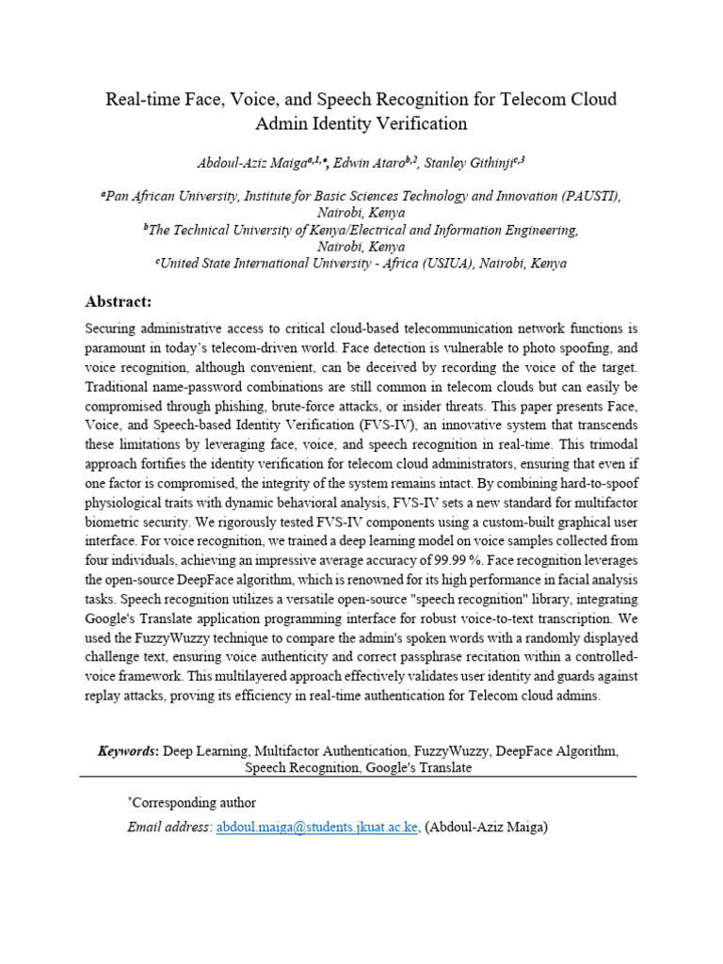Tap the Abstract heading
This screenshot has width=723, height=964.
coord(118,301)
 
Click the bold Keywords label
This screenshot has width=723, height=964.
coord(128,751)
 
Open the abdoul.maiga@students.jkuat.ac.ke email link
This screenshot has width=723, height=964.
coord(317,827)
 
